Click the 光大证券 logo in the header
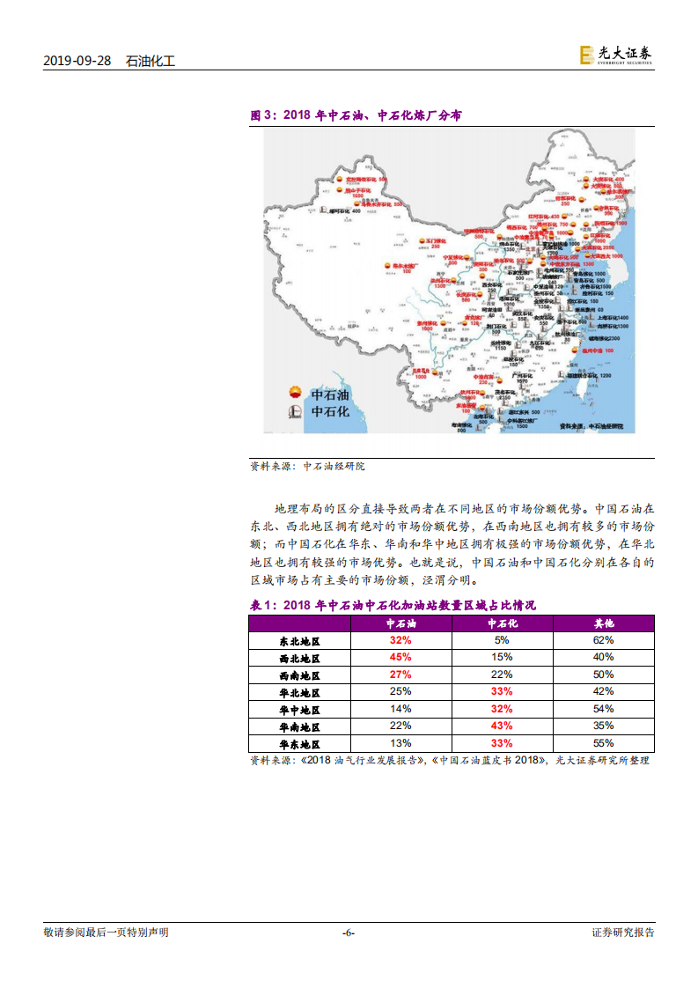616,55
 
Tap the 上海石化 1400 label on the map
612,318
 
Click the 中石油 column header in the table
400,623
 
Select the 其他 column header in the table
603,623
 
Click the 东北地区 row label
299,641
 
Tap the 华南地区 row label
299,726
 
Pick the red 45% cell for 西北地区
400,658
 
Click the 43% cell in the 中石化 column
502,726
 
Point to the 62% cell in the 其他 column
603,641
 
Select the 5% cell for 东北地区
502,641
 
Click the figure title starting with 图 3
356,115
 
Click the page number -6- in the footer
349,933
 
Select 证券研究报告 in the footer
622,933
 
